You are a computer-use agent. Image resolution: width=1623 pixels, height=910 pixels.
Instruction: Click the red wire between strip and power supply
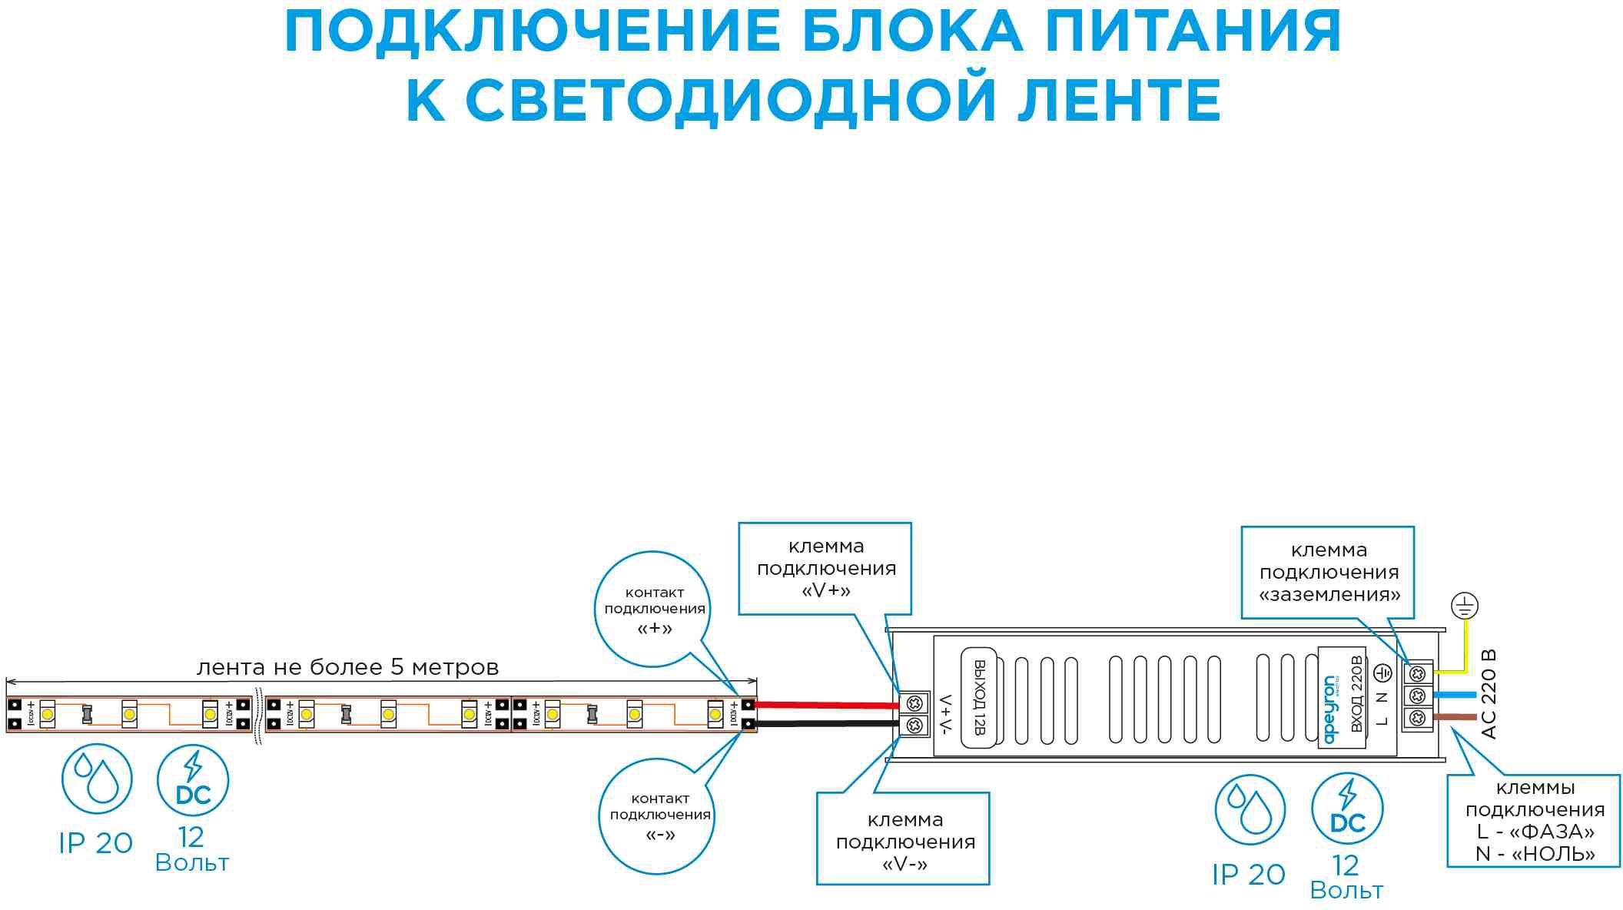pyautogui.click(x=826, y=705)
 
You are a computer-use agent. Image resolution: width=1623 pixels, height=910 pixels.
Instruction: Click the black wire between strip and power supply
pyautogui.click(x=826, y=724)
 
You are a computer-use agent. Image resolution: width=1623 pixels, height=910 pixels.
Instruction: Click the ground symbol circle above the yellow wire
pyautogui.click(x=1465, y=606)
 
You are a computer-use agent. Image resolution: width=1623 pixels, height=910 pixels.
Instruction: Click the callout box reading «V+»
pyautogui.click(x=825, y=569)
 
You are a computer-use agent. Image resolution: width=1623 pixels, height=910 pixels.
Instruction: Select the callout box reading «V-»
pyautogui.click(x=904, y=841)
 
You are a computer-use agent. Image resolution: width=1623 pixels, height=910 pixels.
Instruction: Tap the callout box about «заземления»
pyautogui.click(x=1328, y=573)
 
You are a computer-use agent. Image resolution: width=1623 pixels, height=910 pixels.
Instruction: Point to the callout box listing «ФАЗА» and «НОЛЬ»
pyautogui.click(x=1534, y=820)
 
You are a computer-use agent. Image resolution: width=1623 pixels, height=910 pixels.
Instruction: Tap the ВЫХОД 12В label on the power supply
pyautogui.click(x=979, y=697)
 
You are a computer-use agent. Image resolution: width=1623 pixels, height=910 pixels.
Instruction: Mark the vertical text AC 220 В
pyautogui.click(x=1489, y=694)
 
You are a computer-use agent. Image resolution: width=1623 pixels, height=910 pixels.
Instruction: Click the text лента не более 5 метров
pyautogui.click(x=347, y=667)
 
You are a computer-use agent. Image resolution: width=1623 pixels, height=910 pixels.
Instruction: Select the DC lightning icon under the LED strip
pyautogui.click(x=193, y=779)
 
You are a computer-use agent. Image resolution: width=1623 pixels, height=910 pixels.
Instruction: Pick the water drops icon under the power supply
pyautogui.click(x=1249, y=809)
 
